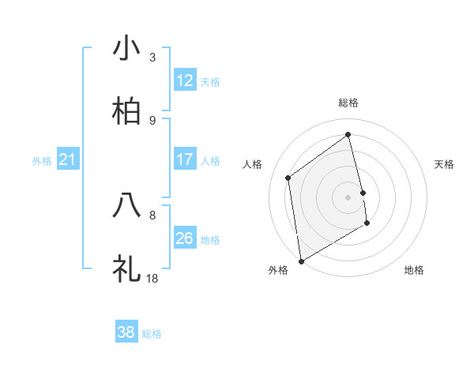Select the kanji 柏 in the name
click(x=126, y=111)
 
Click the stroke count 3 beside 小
click(x=152, y=57)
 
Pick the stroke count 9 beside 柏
click(x=152, y=120)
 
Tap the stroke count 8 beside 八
click(x=152, y=214)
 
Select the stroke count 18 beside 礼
click(x=153, y=278)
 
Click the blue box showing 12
click(x=185, y=81)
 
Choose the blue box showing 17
click(x=185, y=159)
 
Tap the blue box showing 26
click(x=185, y=238)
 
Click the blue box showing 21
click(x=68, y=160)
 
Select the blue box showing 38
click(x=126, y=332)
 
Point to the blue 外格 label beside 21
click(x=42, y=161)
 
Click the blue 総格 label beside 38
click(x=152, y=334)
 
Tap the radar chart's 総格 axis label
click(x=348, y=103)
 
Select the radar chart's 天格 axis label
click(x=445, y=164)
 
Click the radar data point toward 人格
click(x=288, y=178)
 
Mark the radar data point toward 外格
click(x=300, y=260)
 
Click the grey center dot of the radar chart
click(x=348, y=197)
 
